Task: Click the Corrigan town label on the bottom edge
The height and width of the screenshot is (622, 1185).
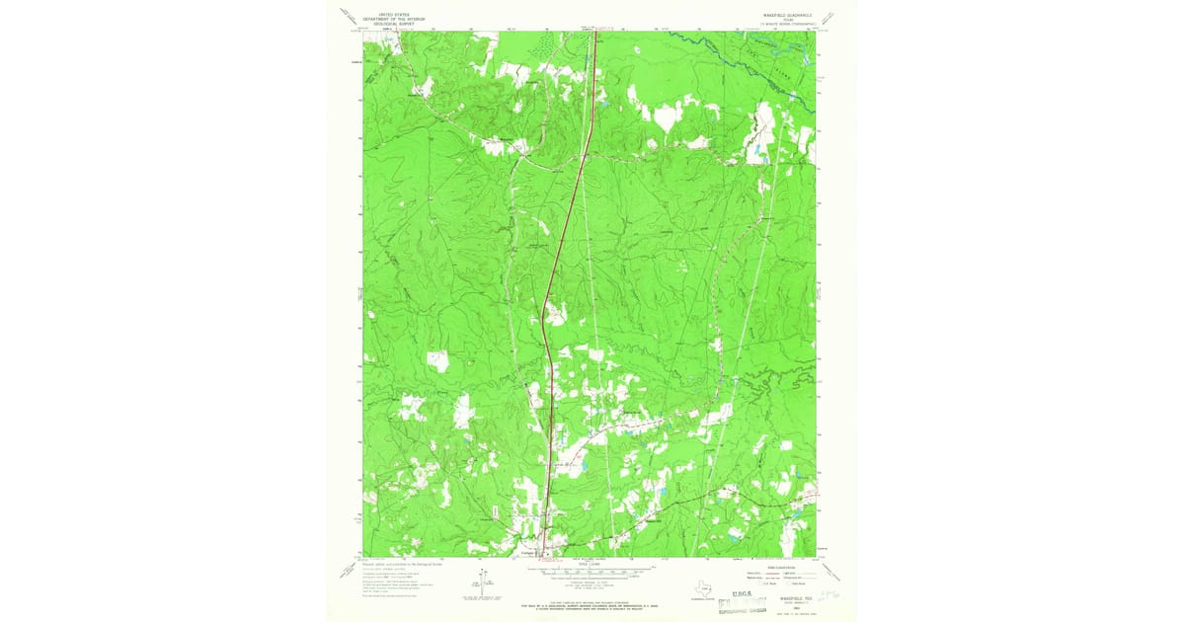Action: [x=526, y=554]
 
